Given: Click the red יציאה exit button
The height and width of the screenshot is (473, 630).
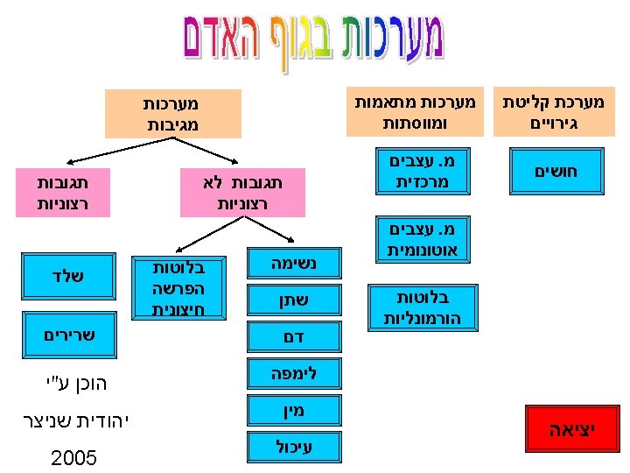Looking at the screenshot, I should click(570, 430).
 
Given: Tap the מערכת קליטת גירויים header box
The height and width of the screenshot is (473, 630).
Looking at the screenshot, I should click(554, 112).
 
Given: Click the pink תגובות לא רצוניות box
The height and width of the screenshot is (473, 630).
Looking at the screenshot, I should click(242, 193).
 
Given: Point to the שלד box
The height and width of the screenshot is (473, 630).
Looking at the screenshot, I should click(66, 277).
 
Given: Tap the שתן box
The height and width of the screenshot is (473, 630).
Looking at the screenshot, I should click(294, 301).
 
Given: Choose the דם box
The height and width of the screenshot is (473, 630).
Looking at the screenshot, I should click(294, 336).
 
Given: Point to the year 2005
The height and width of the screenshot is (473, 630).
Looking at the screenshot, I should click(73, 458).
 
